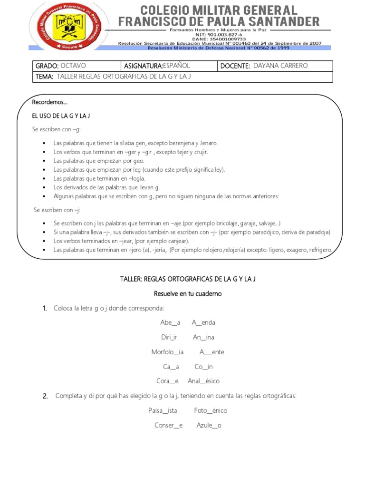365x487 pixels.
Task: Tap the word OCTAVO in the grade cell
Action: pyautogui.click(x=74, y=66)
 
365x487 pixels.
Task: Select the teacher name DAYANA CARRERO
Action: pyautogui.click(x=280, y=66)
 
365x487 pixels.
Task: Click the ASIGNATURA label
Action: pyautogui.click(x=144, y=66)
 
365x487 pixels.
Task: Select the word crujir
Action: pyautogui.click(x=198, y=152)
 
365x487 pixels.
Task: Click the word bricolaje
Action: pyautogui.click(x=225, y=223)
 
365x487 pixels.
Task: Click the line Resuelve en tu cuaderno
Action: pyautogui.click(x=188, y=293)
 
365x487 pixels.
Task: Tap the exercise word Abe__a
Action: pyautogui.click(x=170, y=322)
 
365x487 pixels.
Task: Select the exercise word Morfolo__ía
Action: pyautogui.click(x=167, y=352)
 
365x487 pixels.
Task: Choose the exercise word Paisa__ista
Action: pyautogui.click(x=163, y=410)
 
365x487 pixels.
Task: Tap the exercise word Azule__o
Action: pyautogui.click(x=209, y=425)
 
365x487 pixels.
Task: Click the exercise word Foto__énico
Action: pyautogui.click(x=211, y=410)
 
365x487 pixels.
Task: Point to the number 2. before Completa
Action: pyautogui.click(x=45, y=396)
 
